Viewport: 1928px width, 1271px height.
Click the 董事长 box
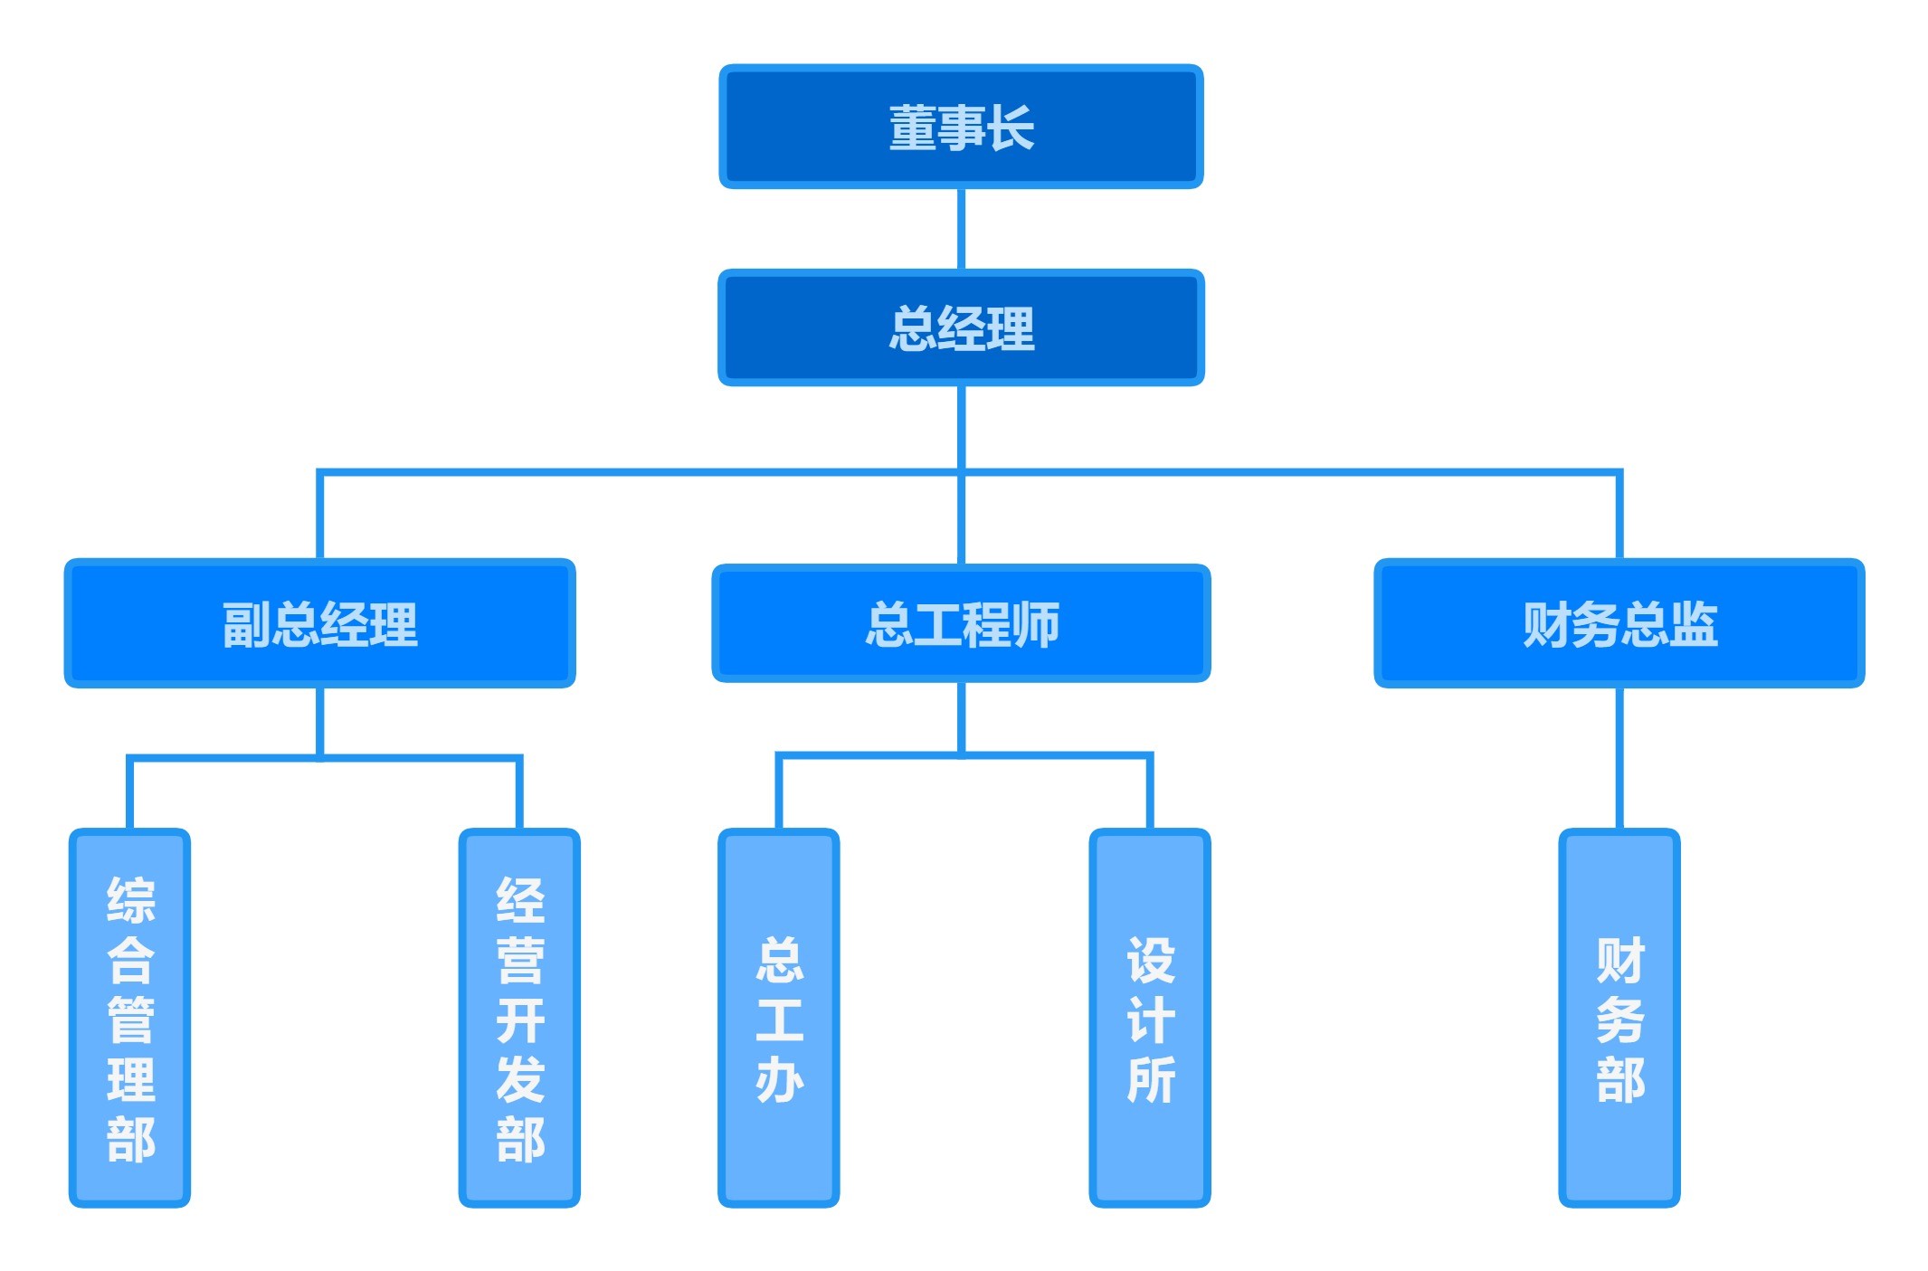pos(961,127)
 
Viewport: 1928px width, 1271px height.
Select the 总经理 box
pos(961,327)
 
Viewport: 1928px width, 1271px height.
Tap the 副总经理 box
pos(319,623)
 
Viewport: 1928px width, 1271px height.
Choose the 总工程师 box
pos(961,623)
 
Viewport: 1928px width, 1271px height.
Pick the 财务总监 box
pos(1619,623)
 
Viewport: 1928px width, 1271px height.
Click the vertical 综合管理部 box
pos(129,1018)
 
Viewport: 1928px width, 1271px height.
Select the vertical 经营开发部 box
pos(519,1018)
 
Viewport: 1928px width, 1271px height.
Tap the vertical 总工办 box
pos(778,1018)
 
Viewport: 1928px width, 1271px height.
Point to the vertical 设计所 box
pos(1150,1018)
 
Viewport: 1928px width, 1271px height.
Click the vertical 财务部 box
pos(1619,1018)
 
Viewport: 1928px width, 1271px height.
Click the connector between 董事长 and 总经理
pos(961,229)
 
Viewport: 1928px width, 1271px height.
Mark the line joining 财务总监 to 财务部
pos(1619,758)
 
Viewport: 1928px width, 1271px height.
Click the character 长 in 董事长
pos(1011,128)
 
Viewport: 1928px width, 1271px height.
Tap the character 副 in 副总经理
pos(246,624)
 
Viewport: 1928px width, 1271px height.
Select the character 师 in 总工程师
pos(1035,624)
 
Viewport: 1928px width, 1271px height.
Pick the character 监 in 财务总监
pos(1693,624)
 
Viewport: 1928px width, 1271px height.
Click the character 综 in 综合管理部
pos(130,899)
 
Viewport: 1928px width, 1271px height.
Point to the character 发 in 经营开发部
pos(520,1079)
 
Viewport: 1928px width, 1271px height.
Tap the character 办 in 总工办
pos(779,1079)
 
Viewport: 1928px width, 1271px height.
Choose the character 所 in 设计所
pos(1151,1079)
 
